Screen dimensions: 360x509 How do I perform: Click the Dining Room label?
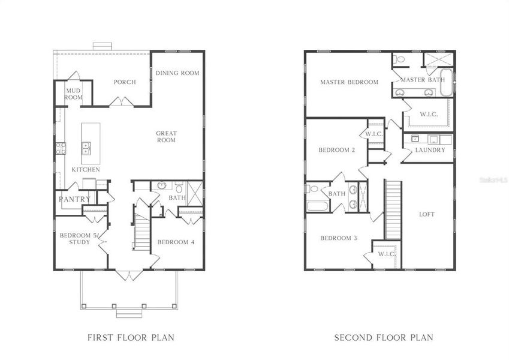point(177,73)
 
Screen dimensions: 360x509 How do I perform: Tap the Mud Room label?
point(74,94)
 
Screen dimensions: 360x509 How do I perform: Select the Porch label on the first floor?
point(125,82)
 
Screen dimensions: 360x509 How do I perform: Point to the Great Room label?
point(166,137)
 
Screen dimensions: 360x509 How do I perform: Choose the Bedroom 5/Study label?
point(75,239)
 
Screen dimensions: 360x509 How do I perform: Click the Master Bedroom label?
point(349,82)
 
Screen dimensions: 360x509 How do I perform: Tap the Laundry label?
point(430,150)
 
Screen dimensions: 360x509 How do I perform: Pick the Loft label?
point(426,214)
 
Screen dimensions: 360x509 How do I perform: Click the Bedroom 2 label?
point(337,150)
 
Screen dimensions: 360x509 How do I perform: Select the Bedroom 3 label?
point(338,238)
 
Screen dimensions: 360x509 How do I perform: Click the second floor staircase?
point(392,210)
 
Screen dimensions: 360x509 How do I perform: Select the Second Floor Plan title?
point(383,338)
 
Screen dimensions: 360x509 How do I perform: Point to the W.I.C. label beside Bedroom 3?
point(386,254)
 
